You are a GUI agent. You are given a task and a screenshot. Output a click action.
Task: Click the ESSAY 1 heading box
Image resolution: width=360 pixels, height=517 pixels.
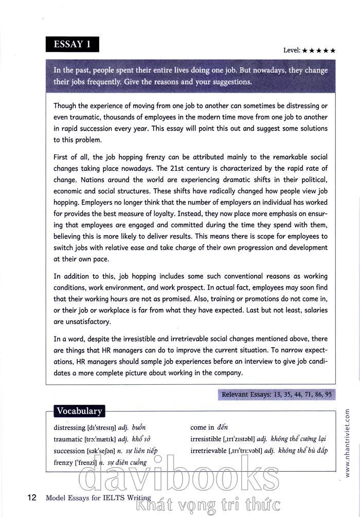(x=72, y=44)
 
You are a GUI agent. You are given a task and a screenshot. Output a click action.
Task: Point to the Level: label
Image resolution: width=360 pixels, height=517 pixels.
(x=292, y=50)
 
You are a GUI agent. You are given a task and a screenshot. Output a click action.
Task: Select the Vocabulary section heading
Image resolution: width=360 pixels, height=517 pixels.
(x=79, y=411)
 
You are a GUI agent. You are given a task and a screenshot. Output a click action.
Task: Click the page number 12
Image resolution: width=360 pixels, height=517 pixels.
(x=31, y=497)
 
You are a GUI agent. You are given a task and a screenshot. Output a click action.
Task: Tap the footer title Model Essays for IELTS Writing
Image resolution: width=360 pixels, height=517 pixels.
(x=98, y=497)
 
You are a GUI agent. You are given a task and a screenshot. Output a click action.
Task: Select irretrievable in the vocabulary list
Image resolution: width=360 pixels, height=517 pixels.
(x=208, y=451)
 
